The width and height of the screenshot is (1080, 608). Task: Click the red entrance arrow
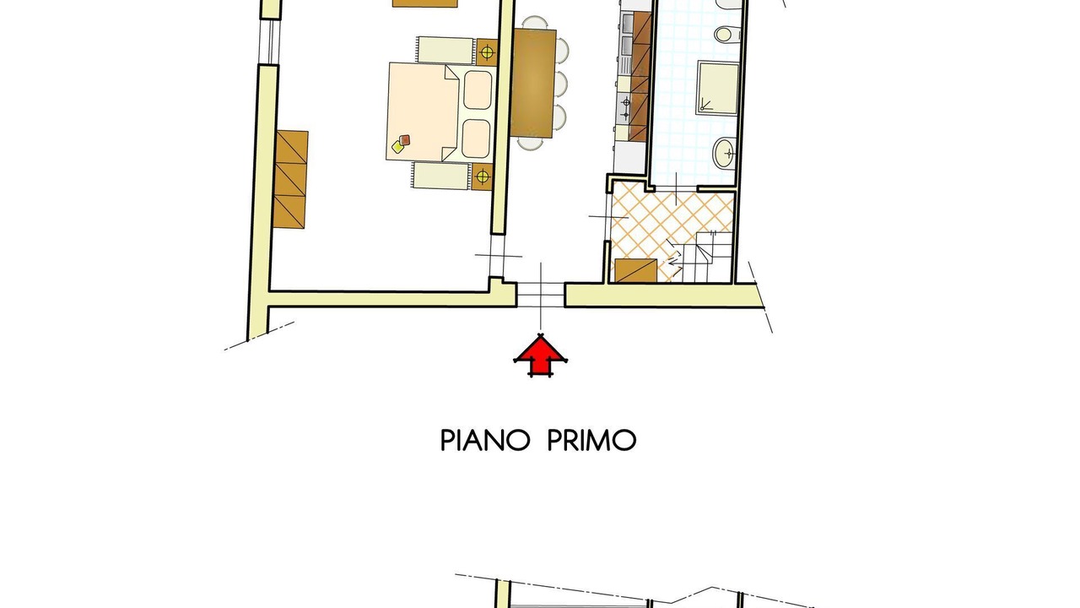click(x=541, y=356)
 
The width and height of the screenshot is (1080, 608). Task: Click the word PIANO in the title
click(x=485, y=440)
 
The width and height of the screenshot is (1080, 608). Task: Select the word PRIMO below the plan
click(x=592, y=440)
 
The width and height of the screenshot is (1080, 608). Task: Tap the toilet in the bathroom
click(x=727, y=34)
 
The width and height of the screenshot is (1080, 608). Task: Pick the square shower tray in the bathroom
click(x=717, y=88)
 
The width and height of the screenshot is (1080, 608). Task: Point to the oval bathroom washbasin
click(x=725, y=153)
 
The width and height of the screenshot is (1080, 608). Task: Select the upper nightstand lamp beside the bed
click(x=488, y=52)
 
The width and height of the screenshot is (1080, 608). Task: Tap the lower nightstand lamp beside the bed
click(x=482, y=177)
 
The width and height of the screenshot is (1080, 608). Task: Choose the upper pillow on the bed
click(x=478, y=90)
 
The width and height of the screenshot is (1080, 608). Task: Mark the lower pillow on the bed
click(x=476, y=139)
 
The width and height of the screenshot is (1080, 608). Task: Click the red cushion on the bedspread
click(x=404, y=140)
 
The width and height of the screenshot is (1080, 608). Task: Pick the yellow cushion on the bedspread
click(x=397, y=147)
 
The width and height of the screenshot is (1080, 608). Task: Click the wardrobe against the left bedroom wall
click(x=291, y=179)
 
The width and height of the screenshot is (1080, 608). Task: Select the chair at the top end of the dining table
click(x=535, y=23)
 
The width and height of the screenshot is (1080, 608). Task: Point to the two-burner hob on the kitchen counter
click(x=625, y=107)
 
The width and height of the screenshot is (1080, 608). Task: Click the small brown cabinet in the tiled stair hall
click(x=635, y=271)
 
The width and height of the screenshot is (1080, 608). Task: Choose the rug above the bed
click(x=445, y=50)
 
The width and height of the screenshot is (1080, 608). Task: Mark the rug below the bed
click(x=440, y=176)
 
